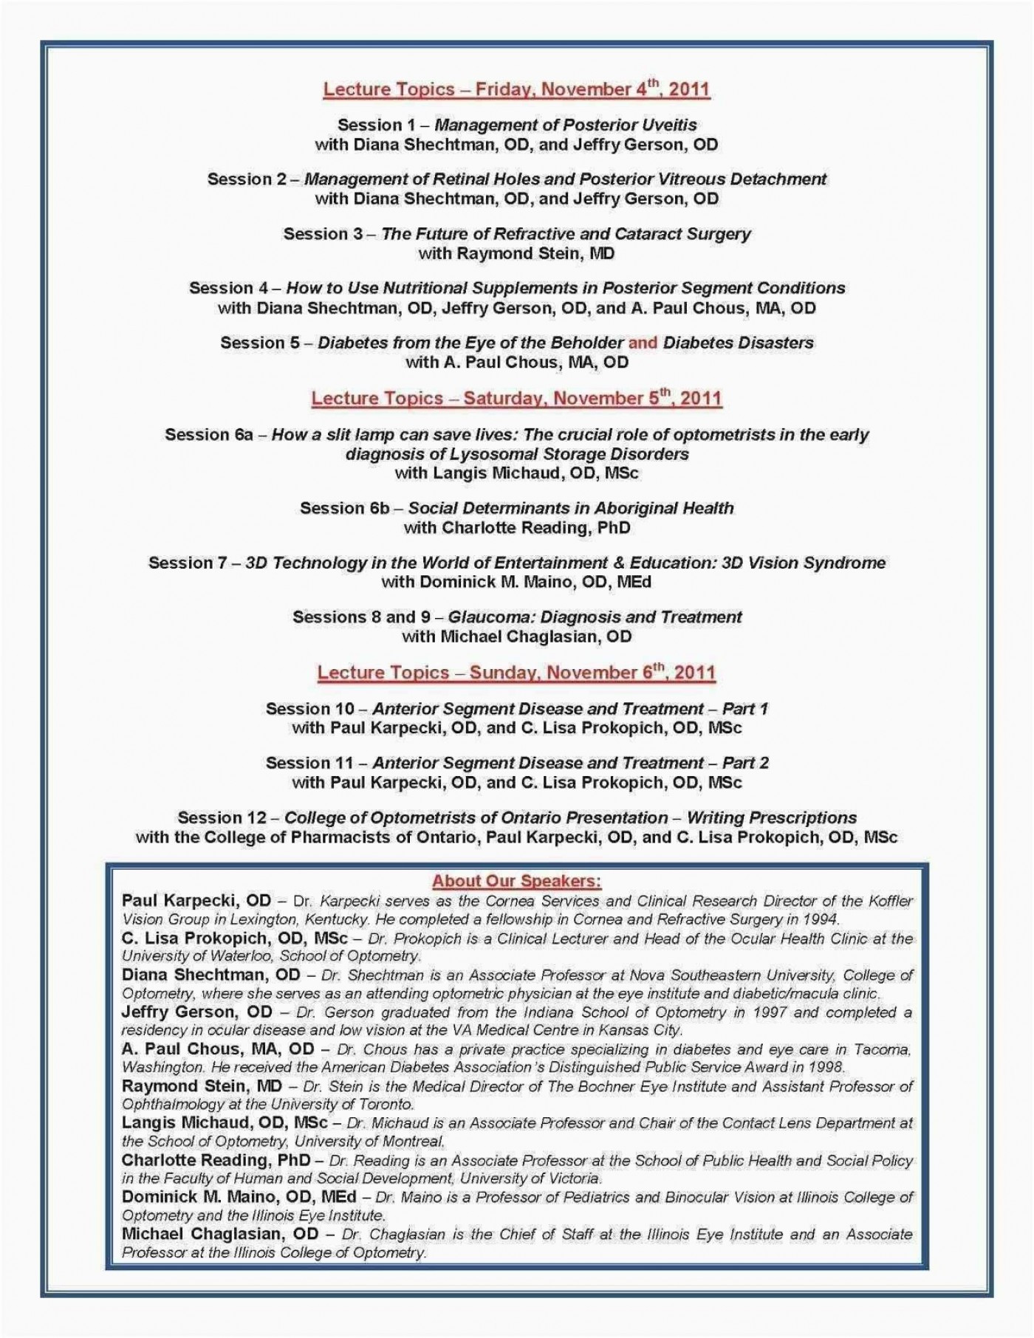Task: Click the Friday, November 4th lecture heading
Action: click(x=516, y=90)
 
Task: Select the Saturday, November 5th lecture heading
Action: click(x=516, y=399)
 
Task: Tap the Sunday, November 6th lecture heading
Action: click(x=516, y=673)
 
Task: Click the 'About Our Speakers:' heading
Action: click(x=516, y=881)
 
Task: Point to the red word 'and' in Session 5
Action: click(x=643, y=343)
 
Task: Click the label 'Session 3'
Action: click(x=323, y=234)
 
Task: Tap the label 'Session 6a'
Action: click(x=209, y=434)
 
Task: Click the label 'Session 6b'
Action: click(x=344, y=508)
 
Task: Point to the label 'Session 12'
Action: click(x=222, y=817)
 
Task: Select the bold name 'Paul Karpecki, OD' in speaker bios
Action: click(x=196, y=901)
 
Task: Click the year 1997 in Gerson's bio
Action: click(x=770, y=1012)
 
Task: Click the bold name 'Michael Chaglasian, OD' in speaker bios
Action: click(x=219, y=1234)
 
